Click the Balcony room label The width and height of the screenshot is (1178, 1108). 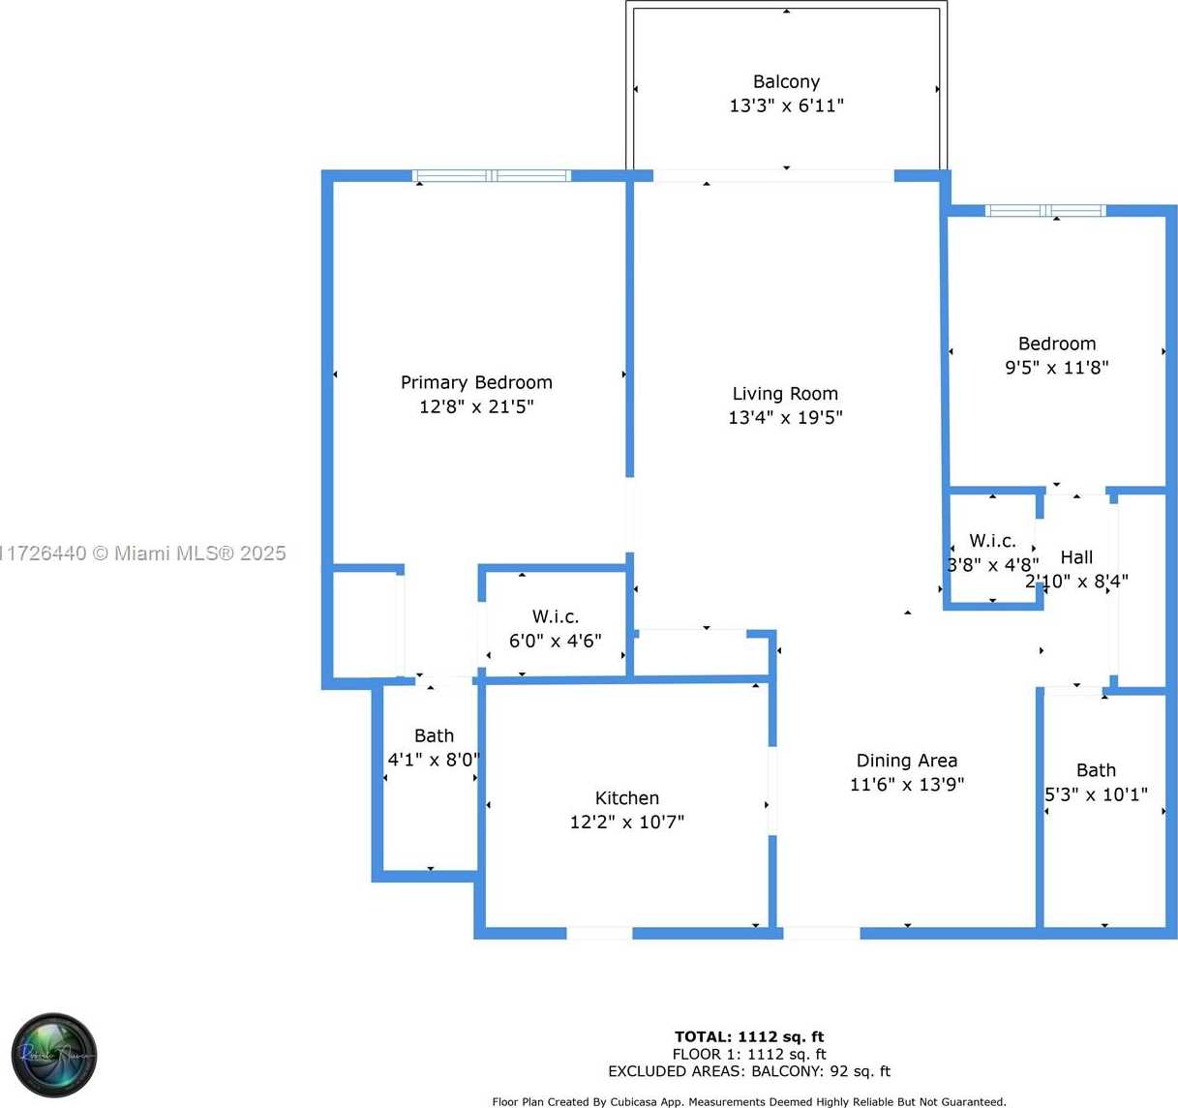[786, 82]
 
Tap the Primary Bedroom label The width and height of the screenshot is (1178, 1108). [476, 382]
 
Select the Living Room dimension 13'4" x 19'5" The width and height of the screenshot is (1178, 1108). [785, 418]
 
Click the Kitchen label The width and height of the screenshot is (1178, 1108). [626, 797]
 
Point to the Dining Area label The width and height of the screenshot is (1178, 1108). [906, 761]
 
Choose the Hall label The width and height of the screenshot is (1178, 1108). [1076, 557]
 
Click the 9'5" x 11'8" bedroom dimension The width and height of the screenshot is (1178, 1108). [1057, 368]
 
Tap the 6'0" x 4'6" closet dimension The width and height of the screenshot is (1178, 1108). [555, 641]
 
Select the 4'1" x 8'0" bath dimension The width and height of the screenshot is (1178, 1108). [433, 760]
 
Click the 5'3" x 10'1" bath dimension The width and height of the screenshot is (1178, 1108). [1096, 794]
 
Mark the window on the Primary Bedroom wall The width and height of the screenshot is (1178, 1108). [492, 176]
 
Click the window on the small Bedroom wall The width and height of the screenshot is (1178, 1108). [1044, 210]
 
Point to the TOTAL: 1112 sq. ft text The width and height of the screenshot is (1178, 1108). [749, 1036]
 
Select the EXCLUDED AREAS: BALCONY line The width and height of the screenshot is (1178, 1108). [749, 1071]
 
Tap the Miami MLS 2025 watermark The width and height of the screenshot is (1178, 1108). [143, 554]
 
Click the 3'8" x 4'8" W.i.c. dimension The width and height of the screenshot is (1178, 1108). [993, 565]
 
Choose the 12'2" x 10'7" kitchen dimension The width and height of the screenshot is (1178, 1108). [626, 823]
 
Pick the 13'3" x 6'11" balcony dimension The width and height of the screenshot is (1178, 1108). [786, 106]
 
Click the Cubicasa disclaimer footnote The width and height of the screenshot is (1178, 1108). [749, 1101]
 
